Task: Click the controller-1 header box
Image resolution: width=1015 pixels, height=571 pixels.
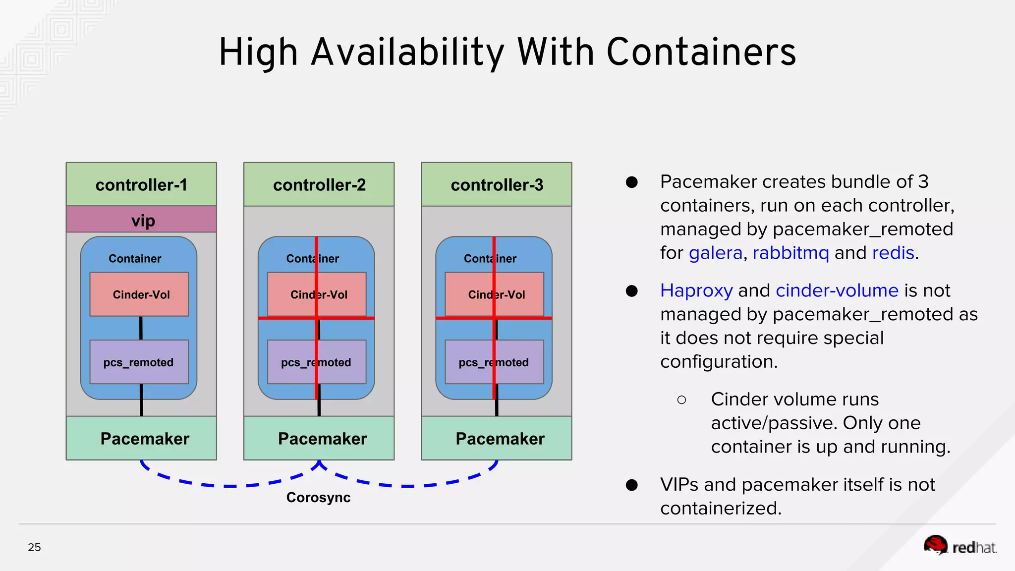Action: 141,184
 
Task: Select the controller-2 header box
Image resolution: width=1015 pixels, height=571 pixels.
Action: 319,184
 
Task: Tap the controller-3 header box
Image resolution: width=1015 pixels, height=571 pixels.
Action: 497,184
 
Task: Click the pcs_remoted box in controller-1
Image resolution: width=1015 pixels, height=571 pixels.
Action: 139,362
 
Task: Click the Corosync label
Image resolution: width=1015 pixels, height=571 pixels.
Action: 318,497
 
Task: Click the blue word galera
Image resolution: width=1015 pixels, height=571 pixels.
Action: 715,253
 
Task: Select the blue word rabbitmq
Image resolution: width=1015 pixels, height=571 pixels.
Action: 790,253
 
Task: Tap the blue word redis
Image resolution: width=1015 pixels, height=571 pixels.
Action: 893,253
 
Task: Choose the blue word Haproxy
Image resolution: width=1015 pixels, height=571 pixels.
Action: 696,290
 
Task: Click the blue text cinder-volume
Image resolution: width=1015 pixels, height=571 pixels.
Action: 837,290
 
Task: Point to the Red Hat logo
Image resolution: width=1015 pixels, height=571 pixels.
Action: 959,546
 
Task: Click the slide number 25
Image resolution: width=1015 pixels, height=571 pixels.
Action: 34,547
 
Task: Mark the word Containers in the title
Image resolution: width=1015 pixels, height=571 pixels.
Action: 701,52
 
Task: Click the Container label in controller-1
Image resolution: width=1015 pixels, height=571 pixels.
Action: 135,259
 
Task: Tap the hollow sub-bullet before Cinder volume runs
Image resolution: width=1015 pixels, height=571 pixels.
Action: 681,400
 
